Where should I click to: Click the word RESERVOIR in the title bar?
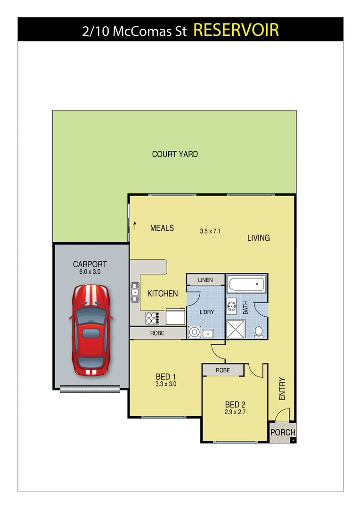[x=236, y=30]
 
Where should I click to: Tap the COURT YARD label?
[x=175, y=154]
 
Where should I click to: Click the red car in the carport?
[x=91, y=330]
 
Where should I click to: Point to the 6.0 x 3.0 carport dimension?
[x=90, y=272]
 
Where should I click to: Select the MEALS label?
[x=162, y=228]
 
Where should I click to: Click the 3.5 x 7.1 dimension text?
[x=210, y=231]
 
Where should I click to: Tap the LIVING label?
[x=259, y=238]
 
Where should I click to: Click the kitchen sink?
[x=135, y=292]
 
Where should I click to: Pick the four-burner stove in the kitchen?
[x=153, y=318]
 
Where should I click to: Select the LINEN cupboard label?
[x=205, y=280]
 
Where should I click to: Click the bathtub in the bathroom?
[x=246, y=285]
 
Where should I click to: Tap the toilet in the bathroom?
[x=258, y=332]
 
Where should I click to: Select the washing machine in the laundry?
[x=194, y=332]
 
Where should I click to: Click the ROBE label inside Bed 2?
[x=223, y=370]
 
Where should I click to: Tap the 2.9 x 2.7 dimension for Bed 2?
[x=235, y=412]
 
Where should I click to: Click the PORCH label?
[x=283, y=432]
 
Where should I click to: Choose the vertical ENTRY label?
[x=282, y=389]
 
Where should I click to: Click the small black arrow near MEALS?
[x=135, y=225]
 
